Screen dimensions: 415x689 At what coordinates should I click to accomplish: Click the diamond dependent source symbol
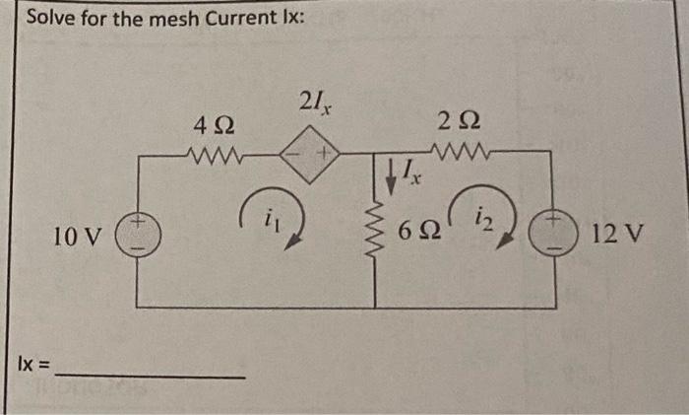coord(308,154)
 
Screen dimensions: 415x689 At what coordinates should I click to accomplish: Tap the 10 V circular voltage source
coord(135,237)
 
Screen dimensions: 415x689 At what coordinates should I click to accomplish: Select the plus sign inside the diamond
coord(321,154)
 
